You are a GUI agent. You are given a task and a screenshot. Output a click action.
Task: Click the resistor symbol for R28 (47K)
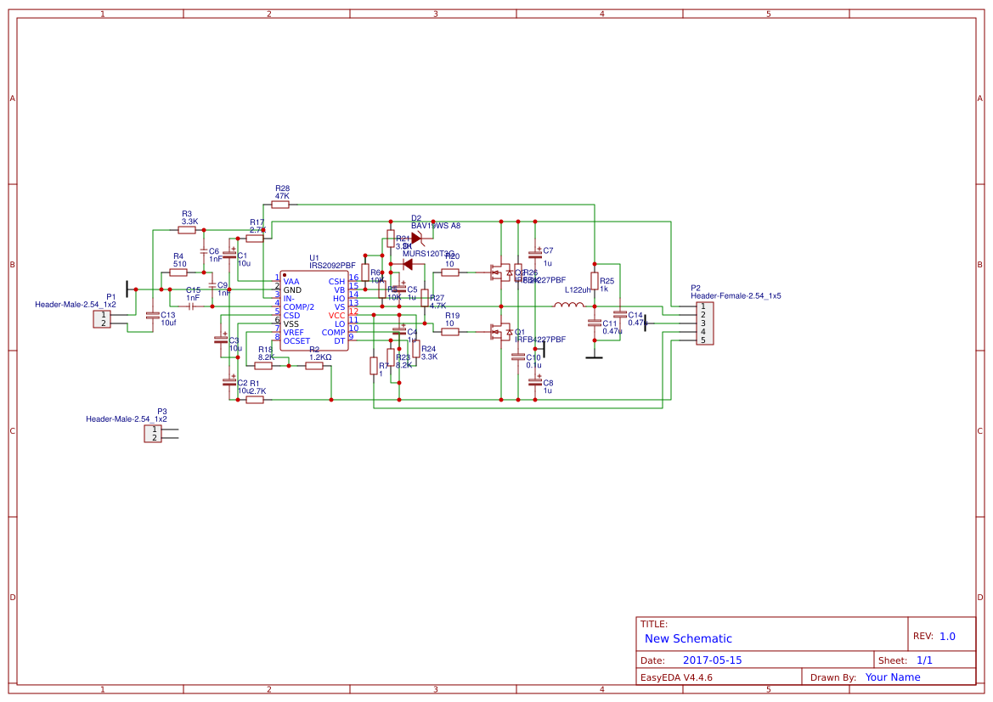(x=280, y=205)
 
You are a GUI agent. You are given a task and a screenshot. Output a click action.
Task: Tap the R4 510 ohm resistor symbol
(x=178, y=272)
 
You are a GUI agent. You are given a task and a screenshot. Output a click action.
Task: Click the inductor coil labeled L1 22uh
(x=568, y=305)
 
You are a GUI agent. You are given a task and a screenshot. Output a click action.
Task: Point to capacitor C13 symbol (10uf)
(x=152, y=315)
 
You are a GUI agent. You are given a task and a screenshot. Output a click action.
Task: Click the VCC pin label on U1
(x=337, y=315)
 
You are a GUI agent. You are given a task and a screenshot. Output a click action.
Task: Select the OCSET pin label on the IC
(x=296, y=340)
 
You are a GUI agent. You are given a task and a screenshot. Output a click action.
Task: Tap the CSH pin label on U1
(x=337, y=281)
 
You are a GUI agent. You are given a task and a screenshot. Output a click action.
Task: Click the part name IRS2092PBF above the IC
(x=332, y=265)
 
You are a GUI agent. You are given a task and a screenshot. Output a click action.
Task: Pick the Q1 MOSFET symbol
(x=500, y=332)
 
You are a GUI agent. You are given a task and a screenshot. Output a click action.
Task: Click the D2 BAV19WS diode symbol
(x=415, y=239)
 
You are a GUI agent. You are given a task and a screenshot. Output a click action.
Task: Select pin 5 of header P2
(x=702, y=340)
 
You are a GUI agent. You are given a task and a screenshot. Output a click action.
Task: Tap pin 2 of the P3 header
(x=154, y=438)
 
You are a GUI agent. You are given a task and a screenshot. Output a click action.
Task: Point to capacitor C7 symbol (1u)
(x=535, y=253)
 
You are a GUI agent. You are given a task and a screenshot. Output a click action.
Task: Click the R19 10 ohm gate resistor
(x=450, y=332)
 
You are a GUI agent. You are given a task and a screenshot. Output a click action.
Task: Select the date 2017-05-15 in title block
(x=712, y=660)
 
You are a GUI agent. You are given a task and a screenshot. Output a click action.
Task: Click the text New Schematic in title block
(x=688, y=638)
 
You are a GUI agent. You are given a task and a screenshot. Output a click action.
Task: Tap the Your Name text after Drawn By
(x=892, y=677)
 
